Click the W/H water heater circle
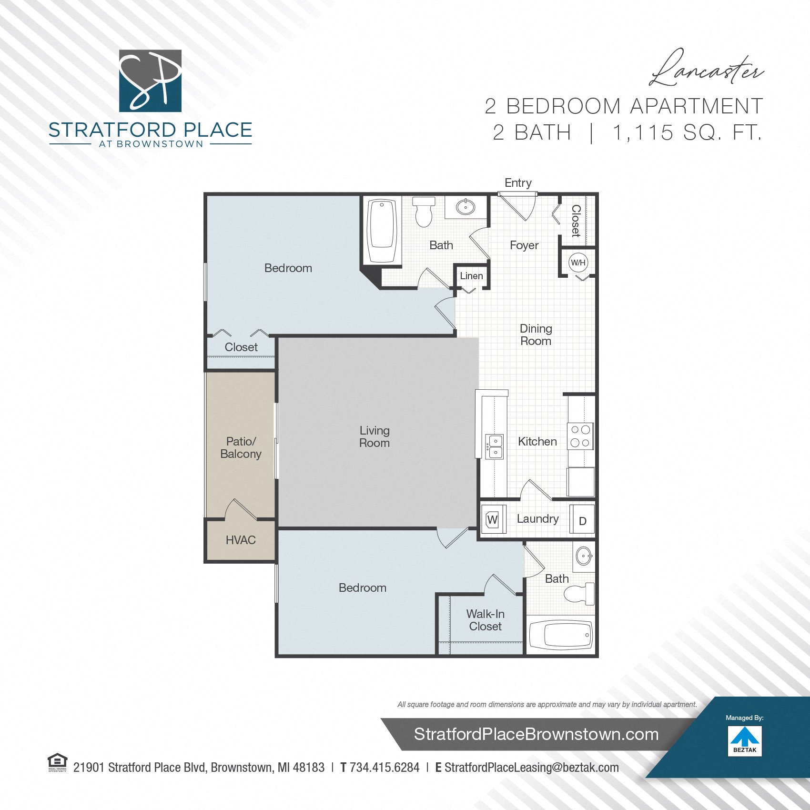click(578, 263)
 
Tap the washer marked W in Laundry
click(493, 519)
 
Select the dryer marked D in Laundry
click(582, 521)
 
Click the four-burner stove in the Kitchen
click(580, 436)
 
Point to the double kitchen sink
click(495, 446)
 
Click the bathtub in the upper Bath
click(382, 231)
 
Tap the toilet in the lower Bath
click(578, 594)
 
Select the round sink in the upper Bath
click(466, 207)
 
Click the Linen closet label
click(471, 276)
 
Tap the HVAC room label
click(241, 540)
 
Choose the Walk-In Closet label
click(485, 620)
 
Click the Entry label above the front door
click(518, 183)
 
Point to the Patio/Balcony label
click(241, 447)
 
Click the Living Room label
click(375, 436)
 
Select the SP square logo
click(150, 81)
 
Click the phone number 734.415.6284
click(384, 768)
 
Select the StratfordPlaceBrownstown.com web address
click(536, 734)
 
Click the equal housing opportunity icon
click(57, 761)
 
